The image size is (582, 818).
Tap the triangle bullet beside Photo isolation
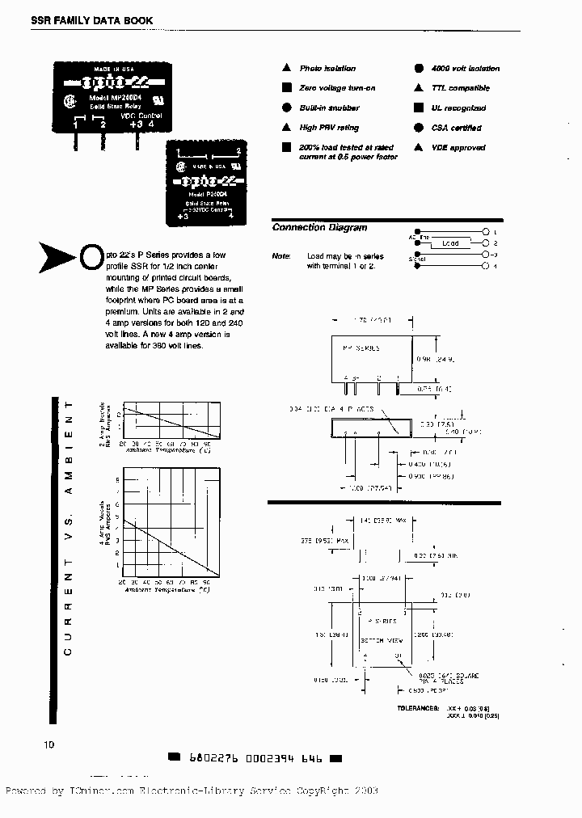pos(286,69)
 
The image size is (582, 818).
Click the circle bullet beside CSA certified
pos(418,128)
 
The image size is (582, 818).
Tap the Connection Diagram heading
pos(319,228)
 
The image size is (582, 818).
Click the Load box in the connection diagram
pos(450,242)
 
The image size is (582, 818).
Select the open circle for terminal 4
pos(484,266)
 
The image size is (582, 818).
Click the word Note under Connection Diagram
pos(281,255)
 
